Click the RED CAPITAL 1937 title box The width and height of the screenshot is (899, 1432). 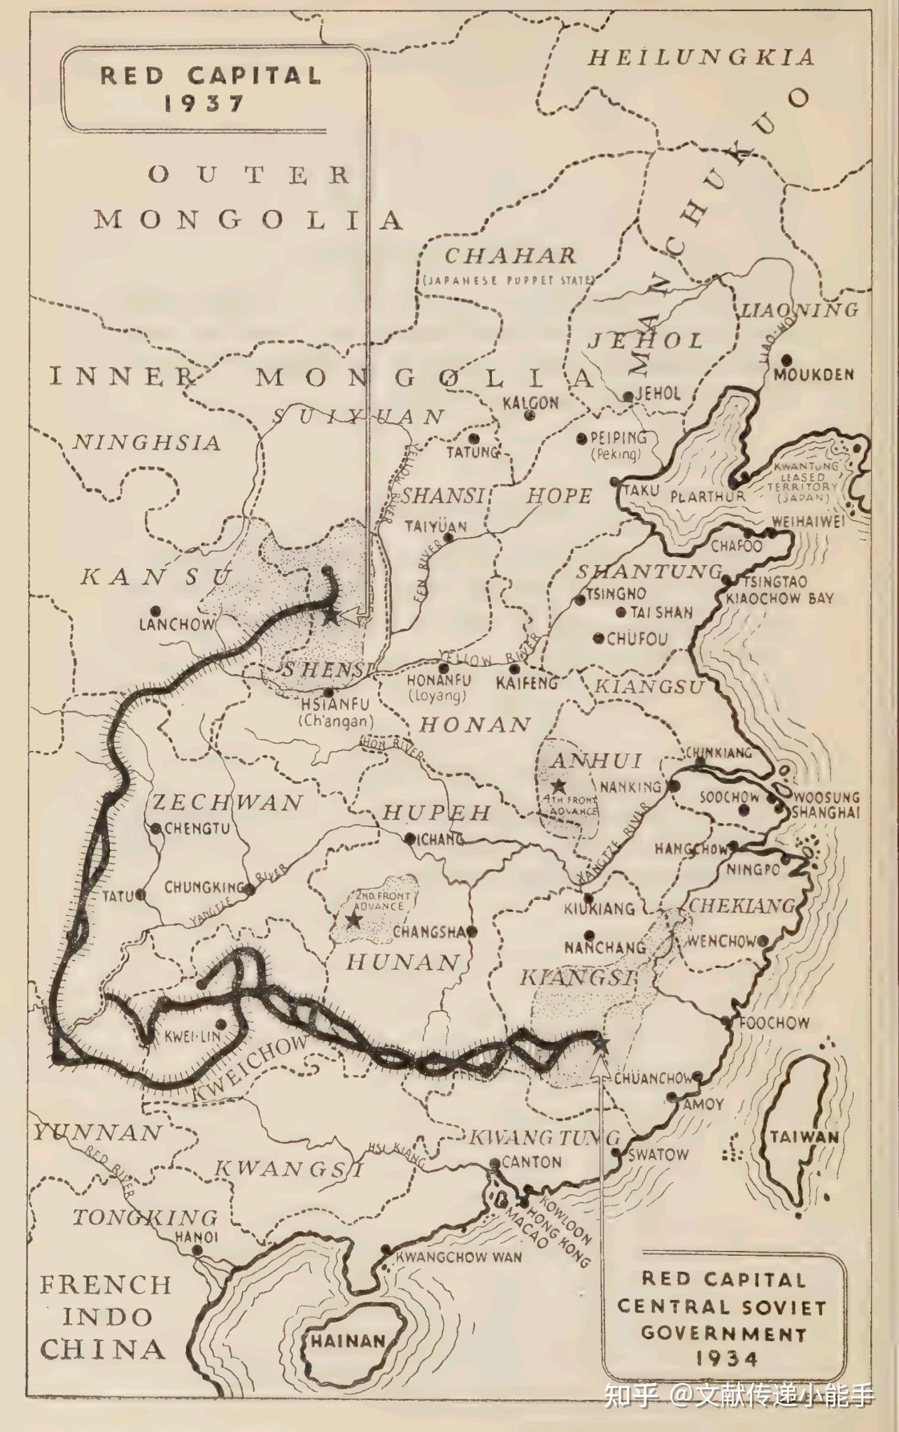[x=210, y=88]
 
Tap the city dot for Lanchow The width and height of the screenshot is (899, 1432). [x=155, y=610]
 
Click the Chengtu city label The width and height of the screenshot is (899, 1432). [x=197, y=829]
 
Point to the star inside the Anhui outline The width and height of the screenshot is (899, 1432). [x=558, y=785]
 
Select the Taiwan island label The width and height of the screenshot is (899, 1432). [x=804, y=1137]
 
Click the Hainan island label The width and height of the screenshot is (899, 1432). [x=348, y=1341]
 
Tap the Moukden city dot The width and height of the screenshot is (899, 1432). [x=786, y=360]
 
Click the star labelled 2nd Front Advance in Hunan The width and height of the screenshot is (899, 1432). [x=354, y=920]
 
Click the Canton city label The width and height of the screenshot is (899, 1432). [x=532, y=1162]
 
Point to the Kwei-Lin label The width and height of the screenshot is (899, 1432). [x=192, y=1036]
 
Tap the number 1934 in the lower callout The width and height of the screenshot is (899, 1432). [x=725, y=1358]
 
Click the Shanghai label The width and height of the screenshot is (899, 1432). [x=826, y=812]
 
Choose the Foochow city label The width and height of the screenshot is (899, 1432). [x=774, y=1023]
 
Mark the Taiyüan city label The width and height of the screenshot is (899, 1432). [x=435, y=527]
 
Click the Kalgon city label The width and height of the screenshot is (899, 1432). [x=530, y=403]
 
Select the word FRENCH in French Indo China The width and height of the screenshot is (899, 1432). [x=105, y=1285]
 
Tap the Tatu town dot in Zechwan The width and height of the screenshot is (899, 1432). [x=141, y=894]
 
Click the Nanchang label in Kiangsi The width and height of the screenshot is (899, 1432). [x=605, y=948]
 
